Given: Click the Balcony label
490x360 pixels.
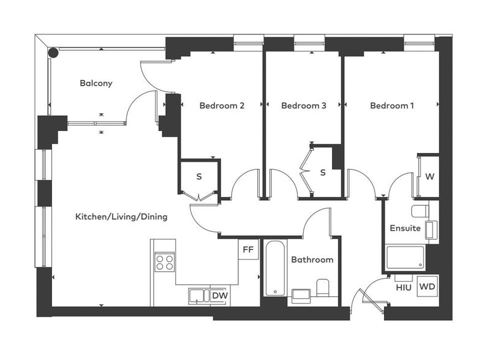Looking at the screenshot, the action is (x=96, y=83).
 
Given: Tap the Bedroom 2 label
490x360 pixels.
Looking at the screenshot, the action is (x=222, y=106).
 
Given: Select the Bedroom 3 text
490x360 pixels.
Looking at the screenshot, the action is (x=304, y=106).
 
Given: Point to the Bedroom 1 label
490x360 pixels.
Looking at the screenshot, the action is (x=392, y=106).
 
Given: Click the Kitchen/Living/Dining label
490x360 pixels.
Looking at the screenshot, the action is (x=121, y=217).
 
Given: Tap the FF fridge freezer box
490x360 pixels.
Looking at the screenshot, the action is (x=249, y=249).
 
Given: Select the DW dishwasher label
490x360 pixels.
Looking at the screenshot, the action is (x=220, y=295).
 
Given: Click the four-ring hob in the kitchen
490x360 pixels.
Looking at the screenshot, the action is (x=165, y=262).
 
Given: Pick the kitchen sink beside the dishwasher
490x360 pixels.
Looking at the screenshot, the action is (x=198, y=296).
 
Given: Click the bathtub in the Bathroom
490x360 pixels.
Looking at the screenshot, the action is (x=275, y=268).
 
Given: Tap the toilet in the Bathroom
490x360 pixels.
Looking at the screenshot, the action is (x=323, y=288).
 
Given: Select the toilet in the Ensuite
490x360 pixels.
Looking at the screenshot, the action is (x=420, y=211).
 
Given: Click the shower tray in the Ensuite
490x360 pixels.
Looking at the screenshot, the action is (x=405, y=257).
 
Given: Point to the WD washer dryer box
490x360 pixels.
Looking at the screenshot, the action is (x=428, y=287).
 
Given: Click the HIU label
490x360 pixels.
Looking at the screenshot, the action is (x=404, y=288).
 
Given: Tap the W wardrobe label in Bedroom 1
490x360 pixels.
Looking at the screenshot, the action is (x=430, y=176).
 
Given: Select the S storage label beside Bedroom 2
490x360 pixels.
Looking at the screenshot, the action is (x=199, y=176).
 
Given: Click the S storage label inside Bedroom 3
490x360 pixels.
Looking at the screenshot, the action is (x=323, y=172).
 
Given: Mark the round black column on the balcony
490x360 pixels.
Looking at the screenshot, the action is (x=53, y=53).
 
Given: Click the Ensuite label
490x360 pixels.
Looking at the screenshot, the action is (x=405, y=228).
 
